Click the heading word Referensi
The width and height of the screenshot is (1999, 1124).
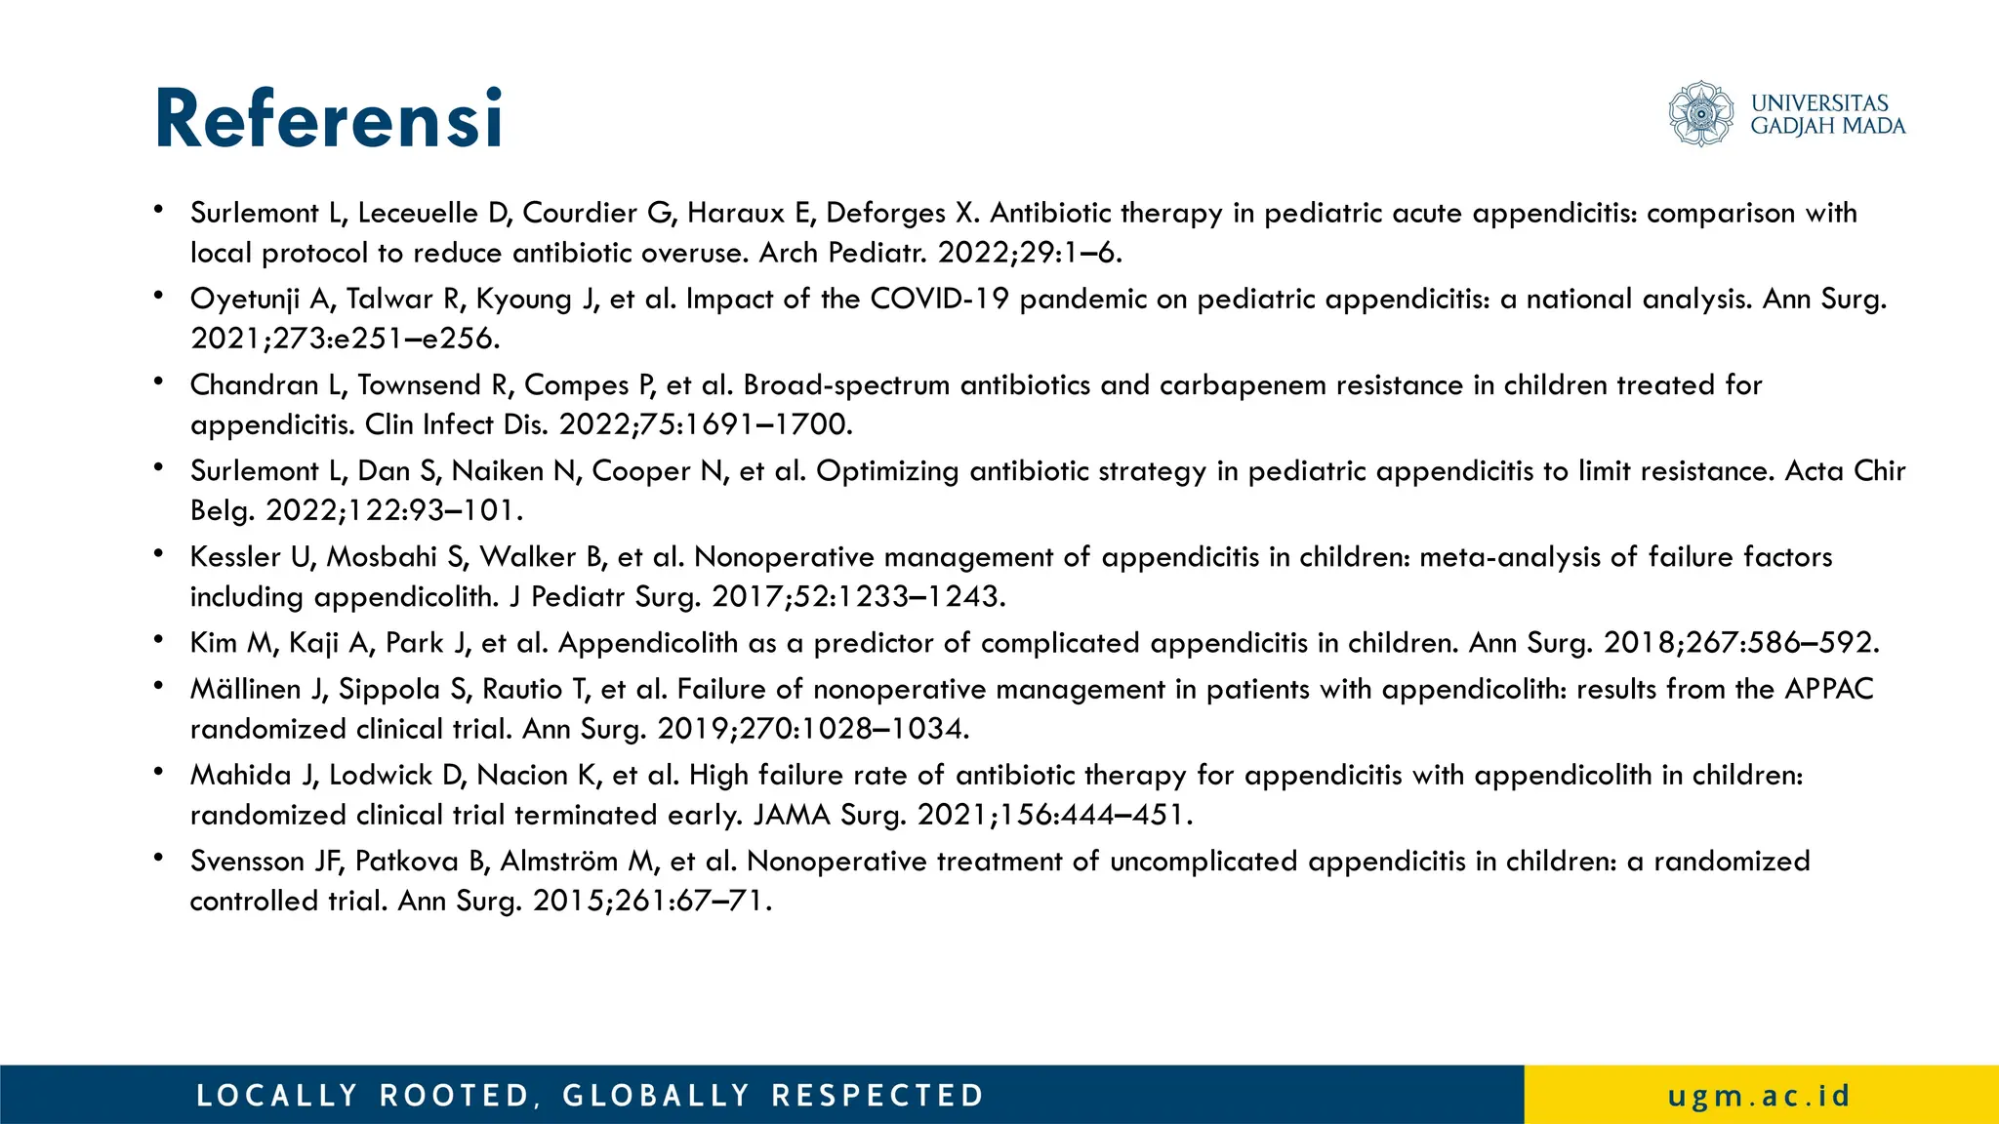click(x=329, y=119)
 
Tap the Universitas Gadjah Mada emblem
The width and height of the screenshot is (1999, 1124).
click(x=1700, y=114)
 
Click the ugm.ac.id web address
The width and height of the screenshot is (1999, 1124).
click(x=1759, y=1096)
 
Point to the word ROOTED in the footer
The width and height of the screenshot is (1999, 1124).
click(x=455, y=1096)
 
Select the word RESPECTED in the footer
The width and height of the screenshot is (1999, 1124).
click(x=877, y=1096)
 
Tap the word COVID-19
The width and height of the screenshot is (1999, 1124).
click(x=939, y=299)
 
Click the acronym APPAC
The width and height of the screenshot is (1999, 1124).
click(x=1829, y=690)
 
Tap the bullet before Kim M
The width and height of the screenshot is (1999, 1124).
click(x=158, y=639)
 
